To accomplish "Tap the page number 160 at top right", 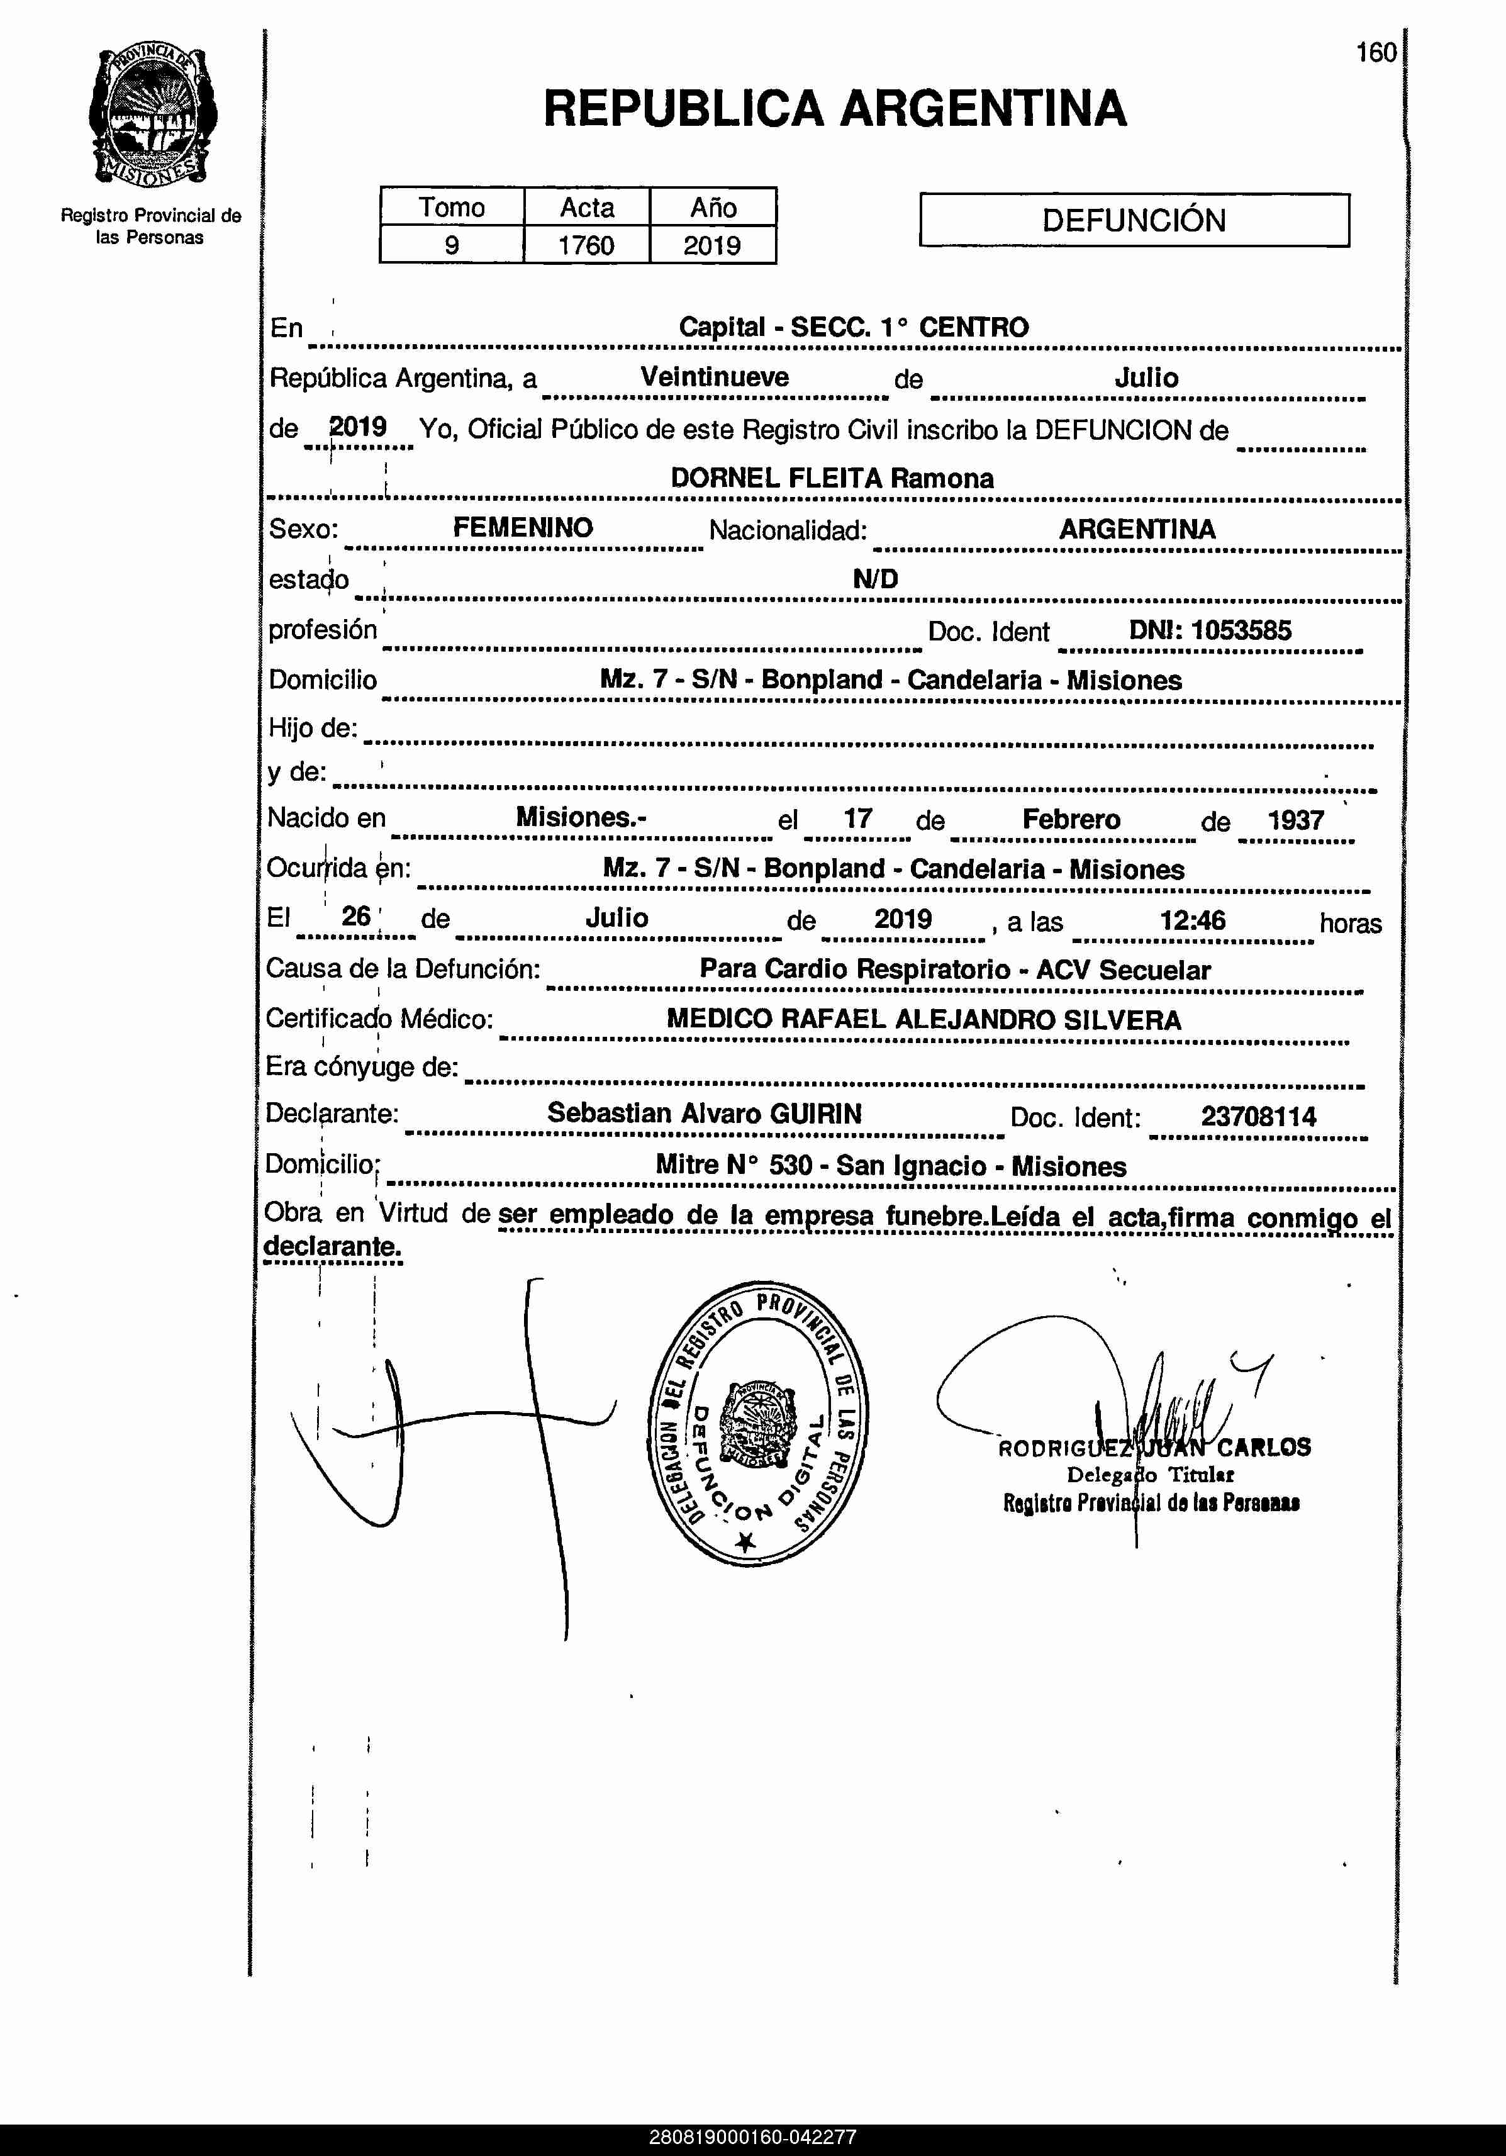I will pos(1376,53).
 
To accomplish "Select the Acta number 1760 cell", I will pos(586,246).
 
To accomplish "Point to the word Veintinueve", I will pos(715,377).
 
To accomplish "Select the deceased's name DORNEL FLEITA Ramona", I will pos(832,478).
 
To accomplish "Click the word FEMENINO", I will pos(523,528).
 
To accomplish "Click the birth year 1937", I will pos(1296,820).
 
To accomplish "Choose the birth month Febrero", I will pos(1071,820).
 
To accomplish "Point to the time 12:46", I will pos(1192,920).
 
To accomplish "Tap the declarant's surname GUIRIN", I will pos(815,1114).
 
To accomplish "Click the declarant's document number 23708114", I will pos(1258,1117).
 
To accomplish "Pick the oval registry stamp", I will pos(759,1422).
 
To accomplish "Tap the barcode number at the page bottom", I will pos(752,2137).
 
